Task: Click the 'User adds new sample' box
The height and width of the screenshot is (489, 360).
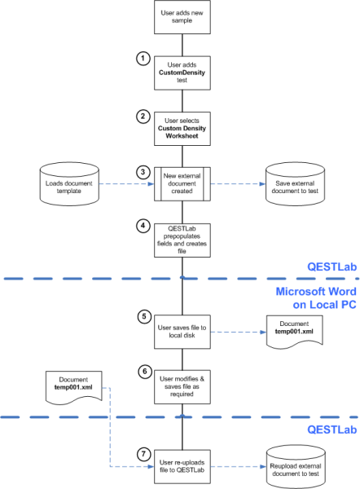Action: click(180, 17)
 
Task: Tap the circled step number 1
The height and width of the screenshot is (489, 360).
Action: click(143, 58)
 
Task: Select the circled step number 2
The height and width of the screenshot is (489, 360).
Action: click(143, 117)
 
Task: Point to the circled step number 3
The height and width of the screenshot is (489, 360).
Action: click(143, 173)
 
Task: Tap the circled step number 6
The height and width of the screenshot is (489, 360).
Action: click(143, 370)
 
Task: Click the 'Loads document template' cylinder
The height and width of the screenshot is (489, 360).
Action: click(69, 184)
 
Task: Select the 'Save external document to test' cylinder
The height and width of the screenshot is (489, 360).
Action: click(292, 184)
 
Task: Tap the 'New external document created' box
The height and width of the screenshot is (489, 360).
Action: click(180, 184)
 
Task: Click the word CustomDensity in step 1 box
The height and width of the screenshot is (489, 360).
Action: click(180, 72)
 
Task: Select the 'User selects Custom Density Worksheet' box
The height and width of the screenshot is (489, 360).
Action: click(180, 127)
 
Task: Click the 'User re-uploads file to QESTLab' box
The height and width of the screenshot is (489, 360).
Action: click(180, 462)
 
